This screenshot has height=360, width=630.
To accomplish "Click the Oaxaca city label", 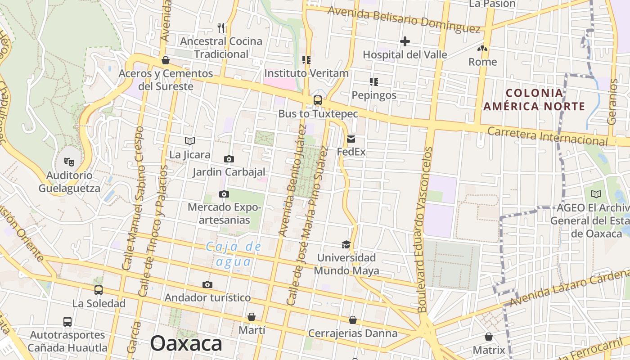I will pos(186,344).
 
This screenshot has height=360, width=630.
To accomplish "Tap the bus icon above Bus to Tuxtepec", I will pos(318,100).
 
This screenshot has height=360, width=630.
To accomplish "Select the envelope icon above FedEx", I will pos(351,139).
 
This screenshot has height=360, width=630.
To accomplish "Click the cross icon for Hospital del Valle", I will pos(405,42).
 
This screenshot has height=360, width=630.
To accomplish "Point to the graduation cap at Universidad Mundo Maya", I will pos(346,244).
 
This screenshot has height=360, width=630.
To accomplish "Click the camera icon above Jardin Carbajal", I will pos(229,159).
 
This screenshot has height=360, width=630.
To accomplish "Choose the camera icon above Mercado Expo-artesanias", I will pos(224,194).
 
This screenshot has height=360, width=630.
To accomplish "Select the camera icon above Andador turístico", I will pos(207,284).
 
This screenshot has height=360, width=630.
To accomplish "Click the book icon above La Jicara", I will pos(190,141).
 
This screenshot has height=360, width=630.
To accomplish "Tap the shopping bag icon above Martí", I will pos(252,317).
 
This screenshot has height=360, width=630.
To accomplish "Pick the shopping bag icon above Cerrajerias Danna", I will pos(353,320).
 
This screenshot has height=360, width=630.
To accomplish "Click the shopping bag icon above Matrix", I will pos(489,337).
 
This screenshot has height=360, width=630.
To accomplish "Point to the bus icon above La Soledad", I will pos(99,290).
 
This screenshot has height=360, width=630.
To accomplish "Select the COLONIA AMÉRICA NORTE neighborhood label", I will pos(534,100).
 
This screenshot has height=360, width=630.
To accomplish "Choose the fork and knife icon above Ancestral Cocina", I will pos(221,28).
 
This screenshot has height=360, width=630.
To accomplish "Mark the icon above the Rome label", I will pos(483,48).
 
